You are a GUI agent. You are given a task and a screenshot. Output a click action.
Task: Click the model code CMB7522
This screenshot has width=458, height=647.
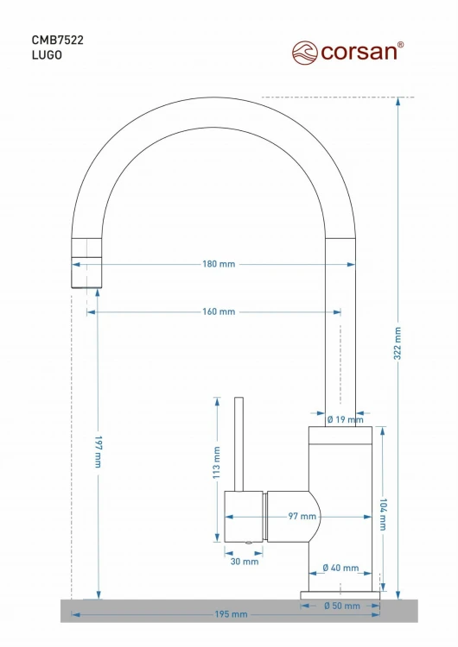(57, 40)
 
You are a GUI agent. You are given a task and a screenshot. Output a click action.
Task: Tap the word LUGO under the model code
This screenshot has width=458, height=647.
(48, 55)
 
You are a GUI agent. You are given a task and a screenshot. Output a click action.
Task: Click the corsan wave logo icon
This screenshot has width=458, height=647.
(305, 53)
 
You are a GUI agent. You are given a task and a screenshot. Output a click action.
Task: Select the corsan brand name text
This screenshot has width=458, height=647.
(359, 52)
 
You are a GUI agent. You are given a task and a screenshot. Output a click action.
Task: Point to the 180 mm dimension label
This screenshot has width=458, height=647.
(219, 264)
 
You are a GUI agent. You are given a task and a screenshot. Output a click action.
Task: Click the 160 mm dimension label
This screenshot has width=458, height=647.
(219, 311)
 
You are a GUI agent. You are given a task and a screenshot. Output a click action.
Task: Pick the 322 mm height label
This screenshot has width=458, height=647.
(398, 342)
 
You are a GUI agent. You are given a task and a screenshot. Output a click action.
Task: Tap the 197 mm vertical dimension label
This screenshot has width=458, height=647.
(98, 451)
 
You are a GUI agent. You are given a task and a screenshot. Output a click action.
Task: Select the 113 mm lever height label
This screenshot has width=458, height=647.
(217, 462)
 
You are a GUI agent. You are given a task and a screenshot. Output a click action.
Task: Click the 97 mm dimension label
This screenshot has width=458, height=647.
(302, 516)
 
